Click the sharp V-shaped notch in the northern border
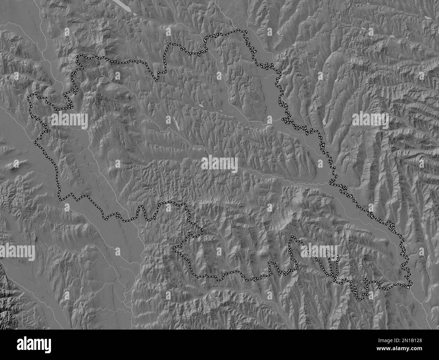(x=156, y=80)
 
